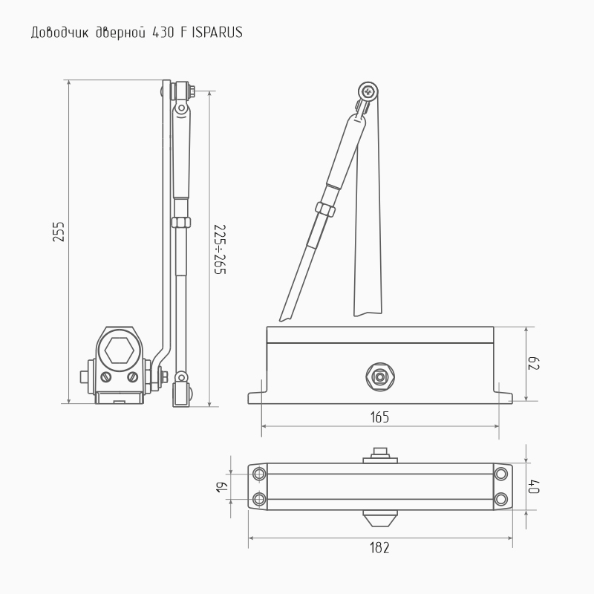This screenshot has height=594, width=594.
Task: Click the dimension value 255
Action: [59, 232]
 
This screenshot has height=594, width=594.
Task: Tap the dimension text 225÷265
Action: [220, 249]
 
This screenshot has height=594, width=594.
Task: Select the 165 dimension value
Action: [379, 417]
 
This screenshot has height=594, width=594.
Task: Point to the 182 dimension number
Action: [379, 548]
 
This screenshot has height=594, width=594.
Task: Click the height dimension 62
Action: [534, 364]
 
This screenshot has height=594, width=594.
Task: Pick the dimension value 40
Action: [534, 486]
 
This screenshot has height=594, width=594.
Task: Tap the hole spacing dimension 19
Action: [222, 487]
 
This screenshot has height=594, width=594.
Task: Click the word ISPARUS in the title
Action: [217, 33]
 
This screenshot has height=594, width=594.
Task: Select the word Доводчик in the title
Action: [59, 33]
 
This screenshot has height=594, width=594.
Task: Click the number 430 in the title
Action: [163, 33]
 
